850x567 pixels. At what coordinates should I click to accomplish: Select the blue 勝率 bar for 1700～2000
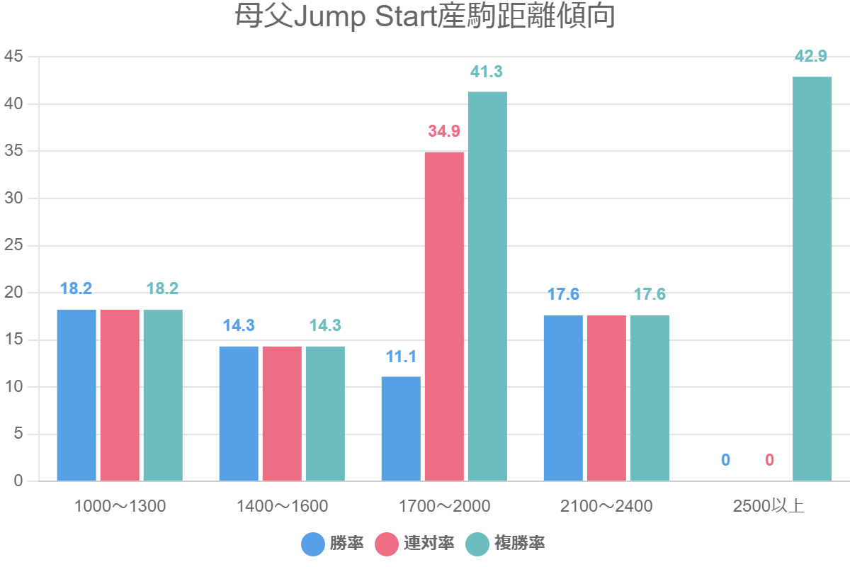[401, 429]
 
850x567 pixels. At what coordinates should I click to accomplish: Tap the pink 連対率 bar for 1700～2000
[444, 317]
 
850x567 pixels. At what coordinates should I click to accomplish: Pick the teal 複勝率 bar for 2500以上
[812, 279]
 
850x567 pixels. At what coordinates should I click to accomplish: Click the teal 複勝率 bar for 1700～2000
[487, 286]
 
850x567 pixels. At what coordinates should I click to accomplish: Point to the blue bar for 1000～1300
[76, 395]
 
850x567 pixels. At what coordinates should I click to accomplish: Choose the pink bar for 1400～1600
[282, 414]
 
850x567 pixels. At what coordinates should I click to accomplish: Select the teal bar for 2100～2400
[650, 398]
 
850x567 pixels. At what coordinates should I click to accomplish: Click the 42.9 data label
[812, 57]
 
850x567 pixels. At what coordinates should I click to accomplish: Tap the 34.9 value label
[444, 132]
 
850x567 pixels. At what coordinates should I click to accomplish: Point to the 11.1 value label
[401, 357]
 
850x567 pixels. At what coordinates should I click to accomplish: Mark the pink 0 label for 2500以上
[769, 461]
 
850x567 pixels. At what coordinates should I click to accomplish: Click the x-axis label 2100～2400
[606, 507]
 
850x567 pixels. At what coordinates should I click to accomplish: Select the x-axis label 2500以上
[769, 507]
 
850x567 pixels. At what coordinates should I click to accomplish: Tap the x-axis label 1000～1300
[120, 507]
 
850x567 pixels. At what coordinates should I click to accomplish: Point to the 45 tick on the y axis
[14, 57]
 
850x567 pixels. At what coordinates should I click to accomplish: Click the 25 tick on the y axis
[14, 245]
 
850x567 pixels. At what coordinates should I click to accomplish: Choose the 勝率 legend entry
[333, 544]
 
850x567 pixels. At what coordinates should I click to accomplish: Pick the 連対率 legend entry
[414, 544]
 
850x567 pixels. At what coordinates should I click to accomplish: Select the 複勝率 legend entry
[506, 544]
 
